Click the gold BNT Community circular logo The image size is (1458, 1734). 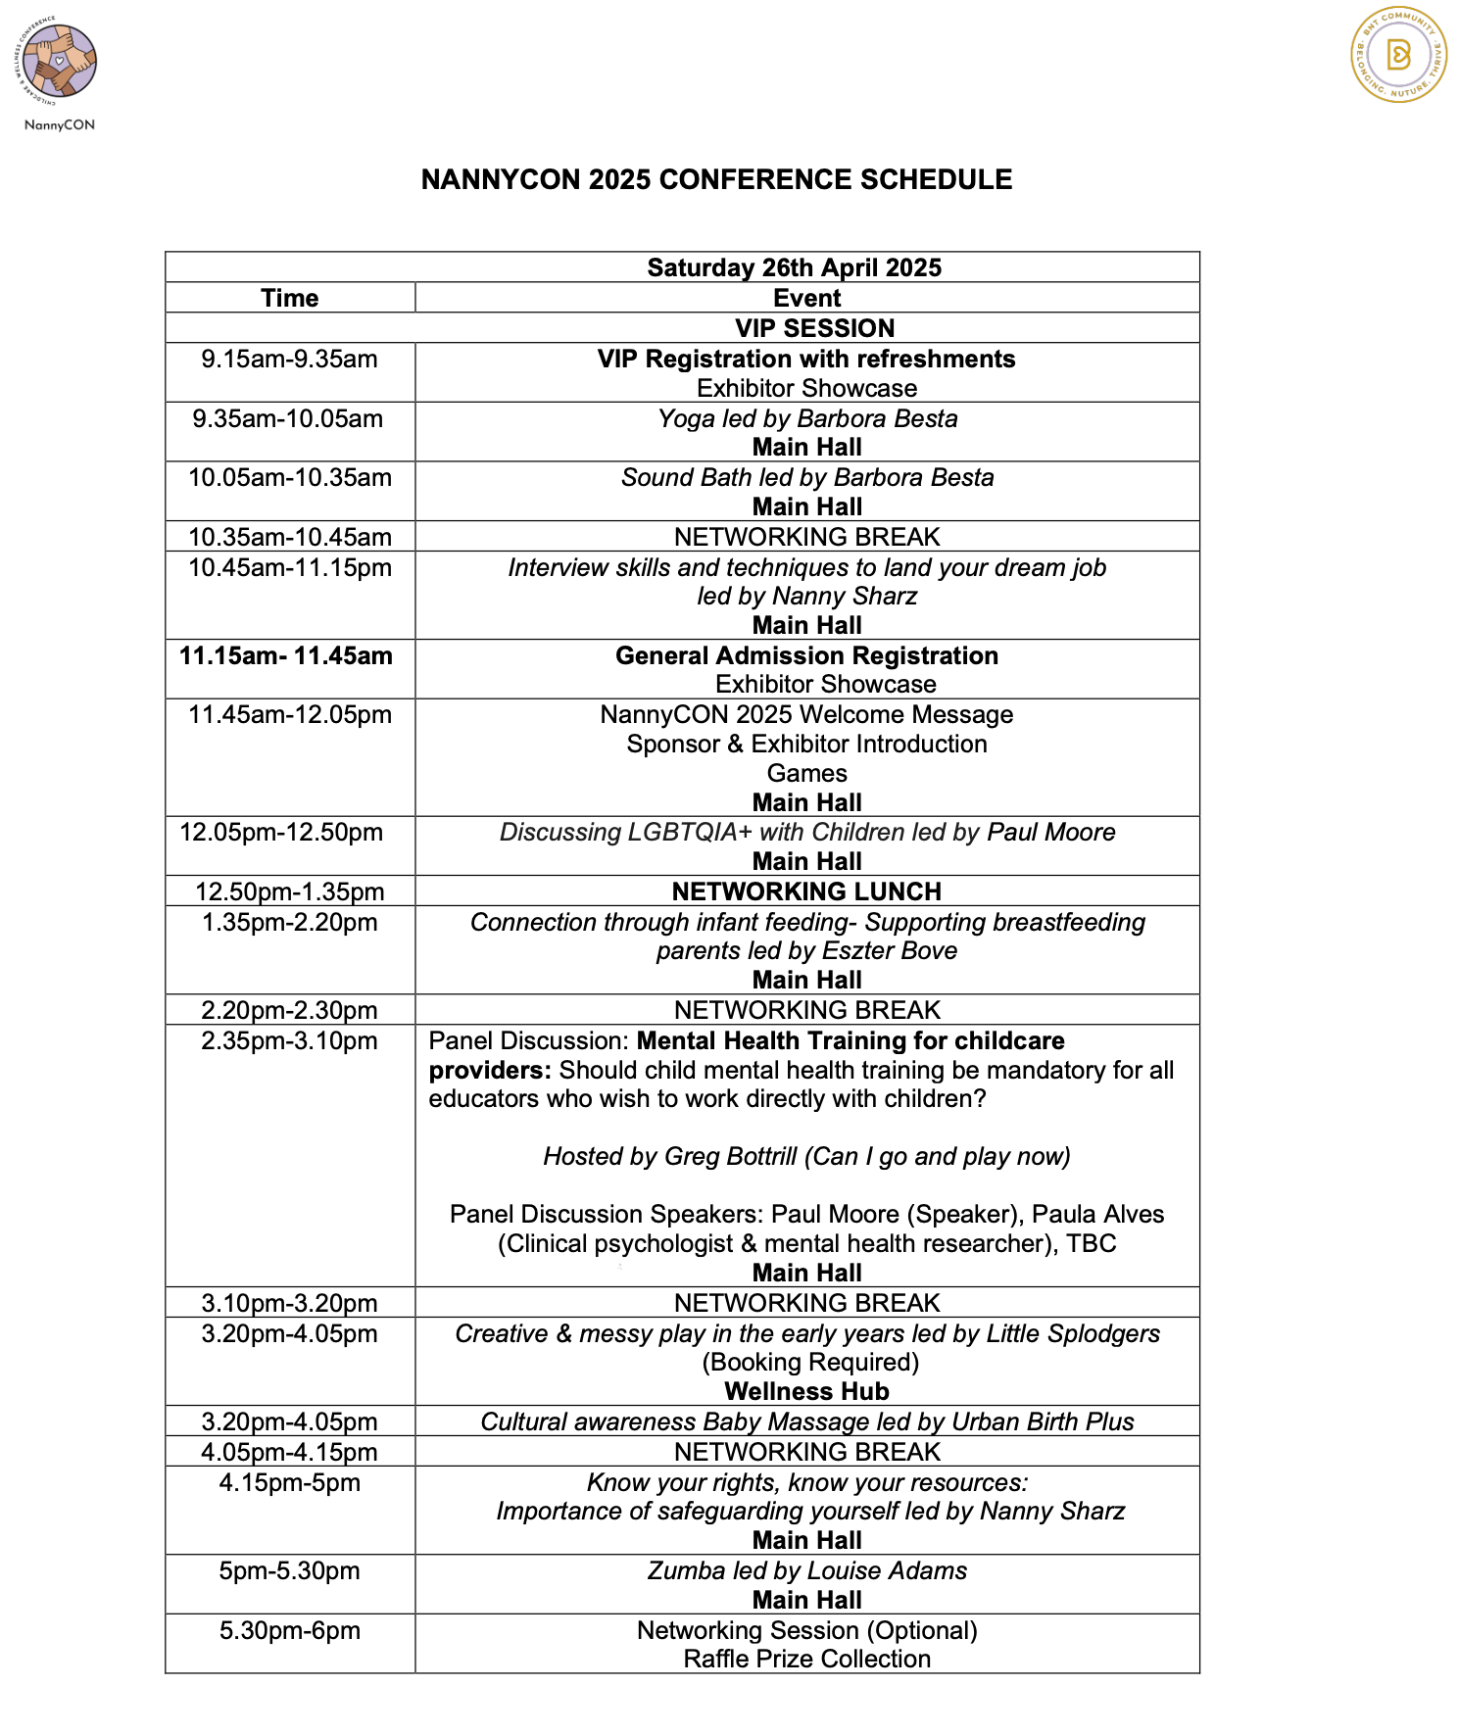(1398, 55)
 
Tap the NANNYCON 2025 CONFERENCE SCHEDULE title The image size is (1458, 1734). (716, 180)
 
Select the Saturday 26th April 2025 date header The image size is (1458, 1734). (794, 267)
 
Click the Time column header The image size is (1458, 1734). (290, 298)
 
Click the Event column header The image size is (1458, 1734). (806, 298)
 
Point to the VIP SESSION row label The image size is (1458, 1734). (814, 328)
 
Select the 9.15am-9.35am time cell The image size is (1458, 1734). (290, 360)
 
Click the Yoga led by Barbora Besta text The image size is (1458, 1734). (807, 418)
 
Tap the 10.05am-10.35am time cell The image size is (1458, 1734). (290, 478)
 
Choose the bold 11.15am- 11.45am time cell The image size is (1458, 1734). (286, 656)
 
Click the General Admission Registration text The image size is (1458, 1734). (806, 656)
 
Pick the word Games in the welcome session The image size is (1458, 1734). (806, 773)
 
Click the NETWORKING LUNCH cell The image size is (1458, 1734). (806, 891)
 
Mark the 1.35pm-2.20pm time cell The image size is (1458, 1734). (290, 923)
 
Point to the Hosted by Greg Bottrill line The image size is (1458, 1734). (806, 1157)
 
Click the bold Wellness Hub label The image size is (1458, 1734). (806, 1392)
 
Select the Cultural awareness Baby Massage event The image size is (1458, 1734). (806, 1422)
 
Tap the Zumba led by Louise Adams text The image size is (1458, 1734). (806, 1571)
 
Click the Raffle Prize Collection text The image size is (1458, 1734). (806, 1660)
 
